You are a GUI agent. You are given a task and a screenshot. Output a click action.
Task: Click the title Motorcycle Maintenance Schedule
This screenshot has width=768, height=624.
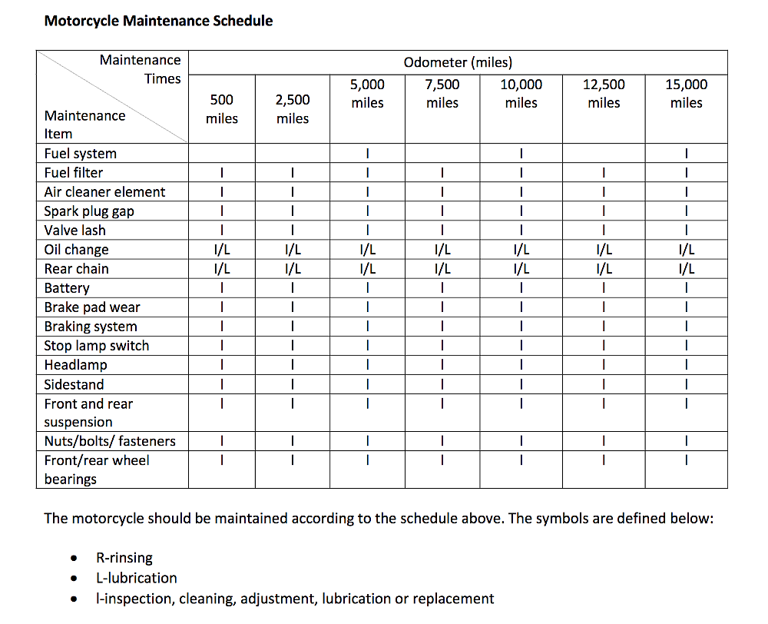[158, 21]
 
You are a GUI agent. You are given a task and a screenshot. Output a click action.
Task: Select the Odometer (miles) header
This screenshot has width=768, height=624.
[458, 62]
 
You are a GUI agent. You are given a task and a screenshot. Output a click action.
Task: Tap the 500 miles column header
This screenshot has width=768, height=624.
[222, 109]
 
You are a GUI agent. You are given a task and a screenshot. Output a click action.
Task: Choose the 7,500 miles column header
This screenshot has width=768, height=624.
[442, 94]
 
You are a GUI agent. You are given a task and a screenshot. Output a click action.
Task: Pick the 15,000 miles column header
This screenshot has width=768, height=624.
[686, 94]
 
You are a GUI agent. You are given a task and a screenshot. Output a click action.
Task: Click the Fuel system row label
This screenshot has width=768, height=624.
[81, 154]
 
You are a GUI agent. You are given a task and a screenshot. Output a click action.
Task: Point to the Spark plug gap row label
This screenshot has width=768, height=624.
[89, 211]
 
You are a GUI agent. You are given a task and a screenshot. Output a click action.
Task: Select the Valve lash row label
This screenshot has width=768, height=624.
[75, 231]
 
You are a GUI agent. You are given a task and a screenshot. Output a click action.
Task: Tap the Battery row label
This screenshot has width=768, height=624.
[67, 288]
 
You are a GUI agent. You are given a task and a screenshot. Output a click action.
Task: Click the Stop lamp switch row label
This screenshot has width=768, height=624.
[97, 346]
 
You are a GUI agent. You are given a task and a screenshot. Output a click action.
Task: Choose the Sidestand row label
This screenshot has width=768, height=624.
[74, 384]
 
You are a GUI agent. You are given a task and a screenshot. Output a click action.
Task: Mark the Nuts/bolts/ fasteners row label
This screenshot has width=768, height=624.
[110, 441]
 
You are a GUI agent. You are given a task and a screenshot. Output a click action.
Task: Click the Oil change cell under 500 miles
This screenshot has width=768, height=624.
[222, 250]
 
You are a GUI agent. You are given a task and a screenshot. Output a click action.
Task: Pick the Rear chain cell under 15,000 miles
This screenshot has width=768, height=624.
[686, 269]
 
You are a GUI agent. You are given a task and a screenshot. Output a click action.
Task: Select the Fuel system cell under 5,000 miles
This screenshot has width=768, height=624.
[368, 154]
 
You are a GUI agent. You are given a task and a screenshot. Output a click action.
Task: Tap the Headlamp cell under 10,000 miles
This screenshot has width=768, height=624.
[521, 365]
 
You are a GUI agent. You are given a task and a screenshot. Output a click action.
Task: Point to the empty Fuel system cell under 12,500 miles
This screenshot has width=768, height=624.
[604, 154]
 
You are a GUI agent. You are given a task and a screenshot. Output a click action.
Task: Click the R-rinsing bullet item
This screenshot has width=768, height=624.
[124, 558]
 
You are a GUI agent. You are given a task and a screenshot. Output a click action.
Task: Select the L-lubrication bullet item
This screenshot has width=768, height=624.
[137, 578]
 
